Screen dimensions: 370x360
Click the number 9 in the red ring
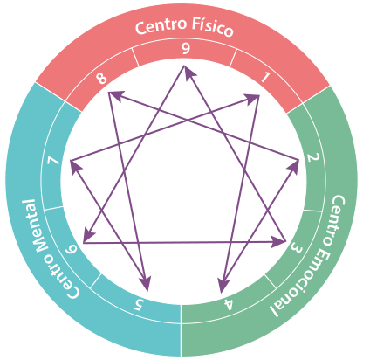point(186,49)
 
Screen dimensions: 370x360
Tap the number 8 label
point(102,79)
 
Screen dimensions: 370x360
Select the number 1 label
point(265,77)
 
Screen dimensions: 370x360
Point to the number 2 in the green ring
point(313,157)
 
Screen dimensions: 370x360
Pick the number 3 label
point(296,248)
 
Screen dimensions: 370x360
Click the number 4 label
point(228,305)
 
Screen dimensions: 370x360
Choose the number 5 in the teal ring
point(139,305)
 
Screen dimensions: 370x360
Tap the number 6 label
point(71,250)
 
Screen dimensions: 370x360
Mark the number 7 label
point(54,161)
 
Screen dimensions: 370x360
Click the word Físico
point(209,27)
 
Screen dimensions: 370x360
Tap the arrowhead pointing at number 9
point(188,72)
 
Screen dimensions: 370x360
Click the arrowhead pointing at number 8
point(115,95)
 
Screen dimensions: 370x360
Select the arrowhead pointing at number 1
point(251,99)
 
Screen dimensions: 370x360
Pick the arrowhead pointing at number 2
point(293,166)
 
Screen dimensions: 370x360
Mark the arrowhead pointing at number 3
point(277,242)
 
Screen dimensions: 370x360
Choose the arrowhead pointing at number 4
point(223,285)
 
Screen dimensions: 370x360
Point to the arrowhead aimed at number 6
point(88,233)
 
